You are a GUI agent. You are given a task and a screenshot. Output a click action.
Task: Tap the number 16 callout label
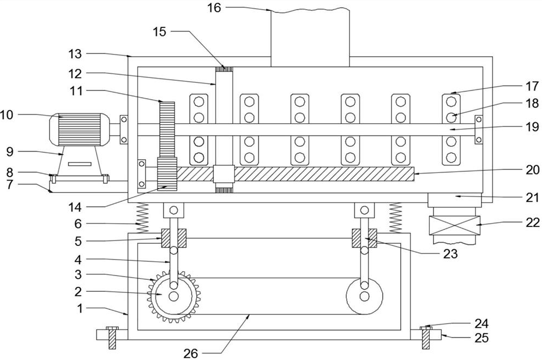tap(214, 8)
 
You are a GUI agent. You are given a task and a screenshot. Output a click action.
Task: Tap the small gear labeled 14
tap(167, 173)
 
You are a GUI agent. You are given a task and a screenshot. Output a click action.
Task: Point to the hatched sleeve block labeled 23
tap(364, 238)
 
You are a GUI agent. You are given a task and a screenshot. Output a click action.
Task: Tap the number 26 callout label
tap(190, 353)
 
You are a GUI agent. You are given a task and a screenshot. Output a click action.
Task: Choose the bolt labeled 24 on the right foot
tap(427, 328)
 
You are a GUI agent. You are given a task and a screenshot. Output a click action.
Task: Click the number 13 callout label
tap(75, 53)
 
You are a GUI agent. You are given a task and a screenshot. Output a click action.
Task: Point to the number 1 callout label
tap(80, 308)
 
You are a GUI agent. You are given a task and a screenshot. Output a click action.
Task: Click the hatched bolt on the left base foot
tap(113, 337)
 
